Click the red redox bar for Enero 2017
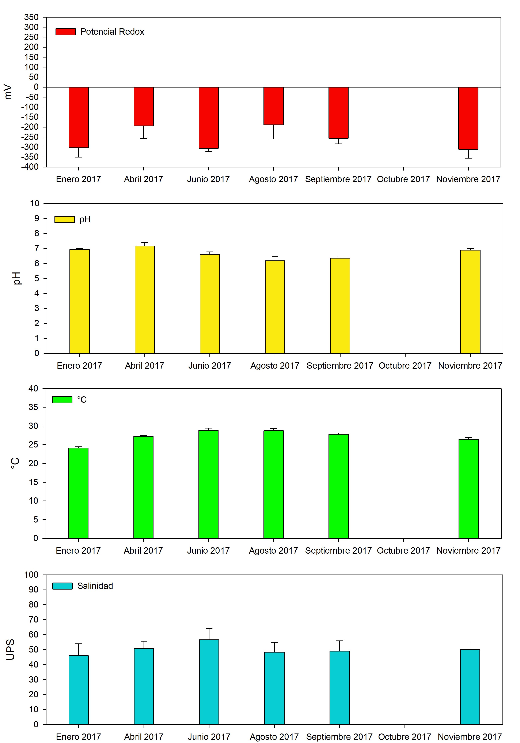click(79, 117)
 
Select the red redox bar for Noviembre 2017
click(468, 118)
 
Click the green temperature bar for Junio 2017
click(208, 484)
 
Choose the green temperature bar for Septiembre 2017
click(338, 486)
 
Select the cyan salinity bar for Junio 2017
click(209, 682)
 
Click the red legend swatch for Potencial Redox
click(66, 32)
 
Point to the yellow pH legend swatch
click(64, 219)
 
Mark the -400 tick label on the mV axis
click(30, 167)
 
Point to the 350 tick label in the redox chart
click(31, 17)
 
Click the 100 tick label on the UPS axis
click(31, 575)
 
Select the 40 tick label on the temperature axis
click(33, 389)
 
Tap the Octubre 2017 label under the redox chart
click(403, 179)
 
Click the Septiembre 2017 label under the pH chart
click(340, 366)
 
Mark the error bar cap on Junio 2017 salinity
click(209, 628)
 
